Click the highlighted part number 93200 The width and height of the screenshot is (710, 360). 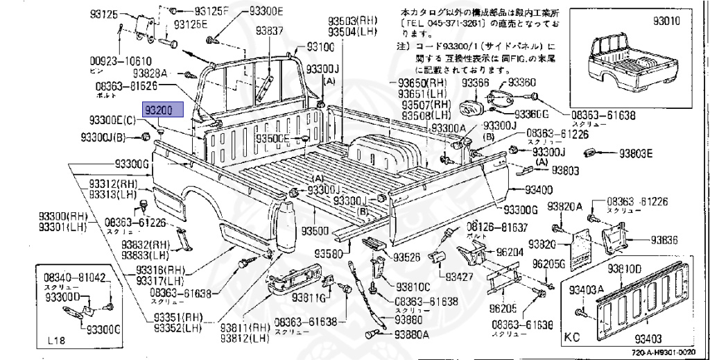pyautogui.click(x=163, y=110)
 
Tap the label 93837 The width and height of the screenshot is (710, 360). pyautogui.click(x=269, y=31)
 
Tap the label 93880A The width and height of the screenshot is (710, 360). pyautogui.click(x=412, y=334)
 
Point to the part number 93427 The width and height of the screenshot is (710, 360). pyautogui.click(x=460, y=277)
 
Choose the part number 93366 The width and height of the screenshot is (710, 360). pyautogui.click(x=476, y=83)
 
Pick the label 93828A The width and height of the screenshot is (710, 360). pyautogui.click(x=153, y=73)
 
